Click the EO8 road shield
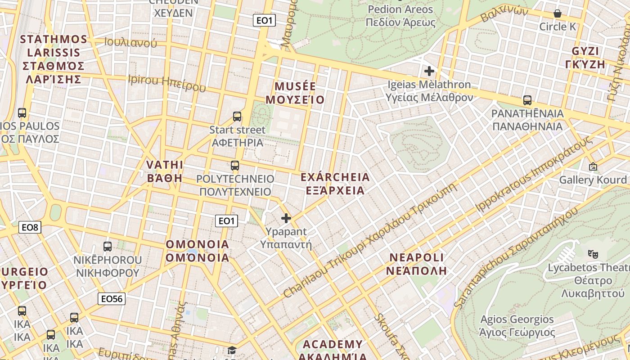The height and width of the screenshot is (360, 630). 30,227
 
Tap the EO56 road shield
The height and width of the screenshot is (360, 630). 112,298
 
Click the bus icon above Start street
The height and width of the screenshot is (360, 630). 237,117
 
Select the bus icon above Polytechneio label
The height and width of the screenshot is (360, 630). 235,165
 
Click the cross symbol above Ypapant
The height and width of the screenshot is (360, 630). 286,219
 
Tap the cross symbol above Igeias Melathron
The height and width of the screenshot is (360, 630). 429,71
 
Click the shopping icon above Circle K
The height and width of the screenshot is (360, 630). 558,13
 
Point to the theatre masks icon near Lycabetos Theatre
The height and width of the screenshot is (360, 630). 593,254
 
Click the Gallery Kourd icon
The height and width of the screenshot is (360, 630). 593,166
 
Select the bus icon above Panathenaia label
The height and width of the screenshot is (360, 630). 527,100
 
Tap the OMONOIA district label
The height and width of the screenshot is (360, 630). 198,251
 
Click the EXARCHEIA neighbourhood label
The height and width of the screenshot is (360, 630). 335,184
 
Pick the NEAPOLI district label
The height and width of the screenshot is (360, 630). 417,264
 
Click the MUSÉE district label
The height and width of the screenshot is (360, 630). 295,93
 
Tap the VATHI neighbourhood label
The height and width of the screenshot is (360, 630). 165,171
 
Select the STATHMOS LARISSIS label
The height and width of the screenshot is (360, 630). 54,59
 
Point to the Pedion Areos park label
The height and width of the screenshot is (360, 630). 400,16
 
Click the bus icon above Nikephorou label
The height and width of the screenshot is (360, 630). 107,246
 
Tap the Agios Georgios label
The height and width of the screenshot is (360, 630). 517,326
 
